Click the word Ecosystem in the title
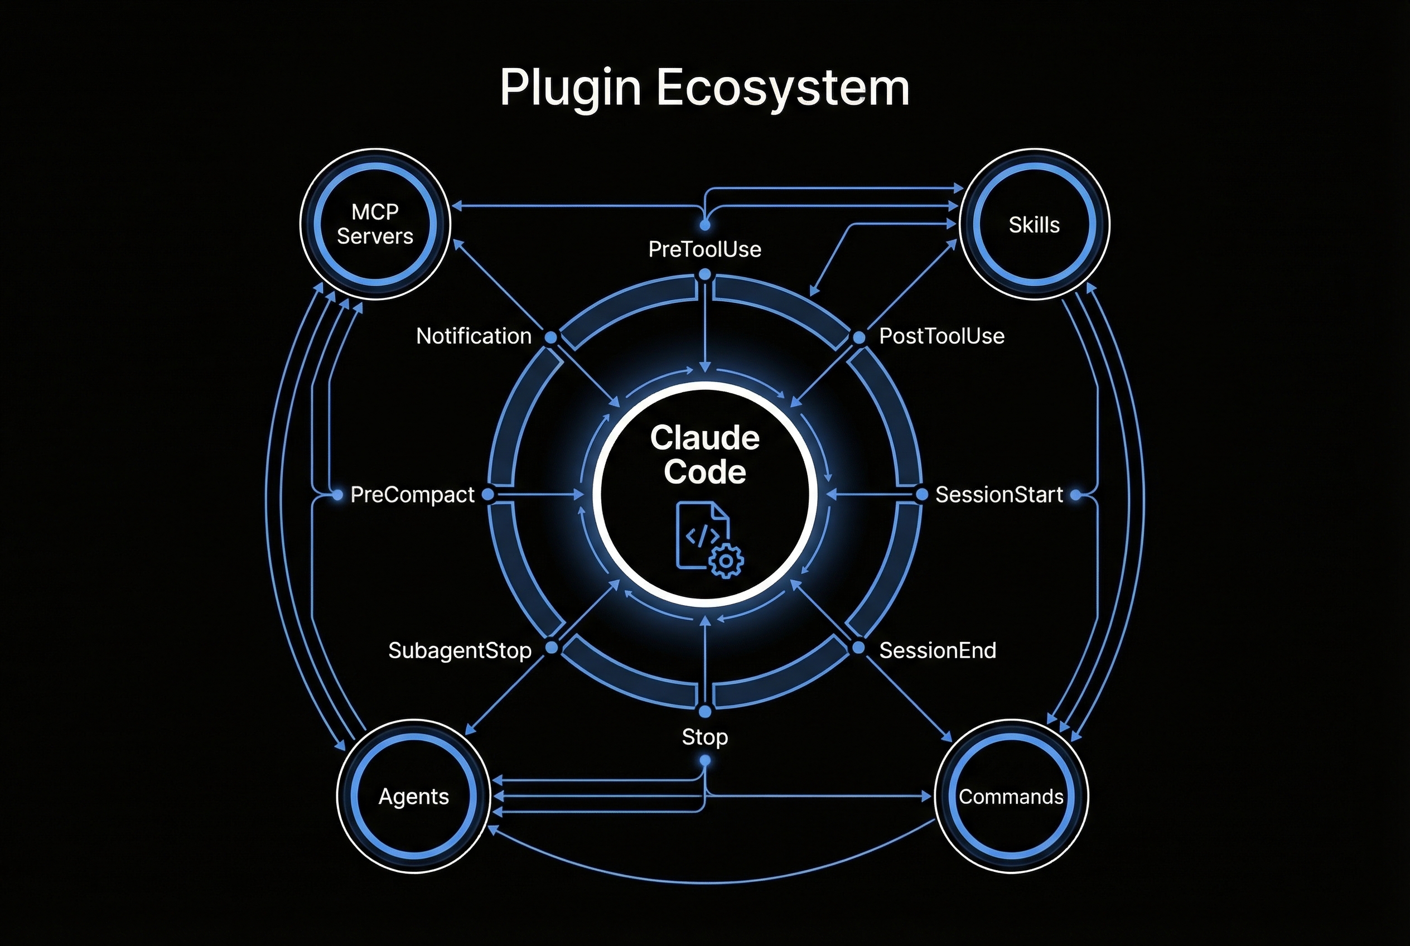[783, 89]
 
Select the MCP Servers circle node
[375, 224]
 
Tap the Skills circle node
[1034, 224]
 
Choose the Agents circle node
[413, 797]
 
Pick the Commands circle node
[1011, 797]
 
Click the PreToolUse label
[704, 249]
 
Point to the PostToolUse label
[941, 336]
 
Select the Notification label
[474, 336]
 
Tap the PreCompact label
[412, 495]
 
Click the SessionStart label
[998, 495]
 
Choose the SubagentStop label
[460, 650]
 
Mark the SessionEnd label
[937, 650]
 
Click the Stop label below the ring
[704, 737]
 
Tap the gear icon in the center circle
[726, 561]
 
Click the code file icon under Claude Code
[700, 534]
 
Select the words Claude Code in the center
[704, 454]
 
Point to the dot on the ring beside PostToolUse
[859, 337]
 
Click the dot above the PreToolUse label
[704, 225]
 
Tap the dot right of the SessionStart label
[1075, 495]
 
